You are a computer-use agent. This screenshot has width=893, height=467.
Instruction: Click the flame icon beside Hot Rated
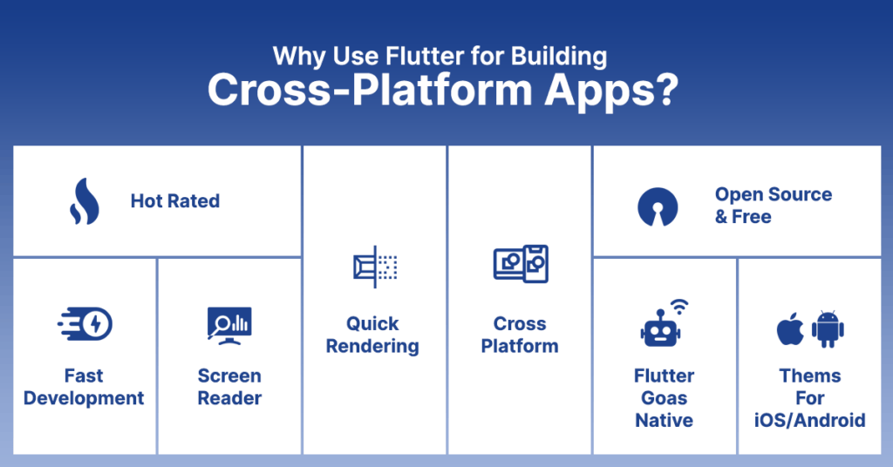(x=84, y=202)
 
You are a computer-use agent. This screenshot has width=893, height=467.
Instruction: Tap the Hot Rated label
(x=174, y=201)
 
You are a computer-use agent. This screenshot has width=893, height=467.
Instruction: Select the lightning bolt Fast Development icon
(x=85, y=325)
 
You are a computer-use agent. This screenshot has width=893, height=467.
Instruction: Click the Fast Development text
(x=84, y=387)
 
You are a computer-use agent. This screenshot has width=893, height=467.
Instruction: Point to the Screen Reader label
(x=229, y=387)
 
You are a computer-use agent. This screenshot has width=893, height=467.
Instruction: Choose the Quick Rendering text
(x=372, y=335)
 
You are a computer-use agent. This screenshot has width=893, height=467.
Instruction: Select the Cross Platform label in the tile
(x=520, y=335)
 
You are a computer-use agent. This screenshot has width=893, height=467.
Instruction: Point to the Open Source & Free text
(x=773, y=206)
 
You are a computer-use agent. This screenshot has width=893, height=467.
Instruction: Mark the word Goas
(x=664, y=398)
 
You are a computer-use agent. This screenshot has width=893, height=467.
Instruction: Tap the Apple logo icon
(x=790, y=328)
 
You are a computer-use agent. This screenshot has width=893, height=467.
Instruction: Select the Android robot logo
(x=828, y=328)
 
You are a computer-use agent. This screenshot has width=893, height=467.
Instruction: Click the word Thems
(x=809, y=376)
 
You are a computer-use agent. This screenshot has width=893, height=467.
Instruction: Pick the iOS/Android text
(x=809, y=420)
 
